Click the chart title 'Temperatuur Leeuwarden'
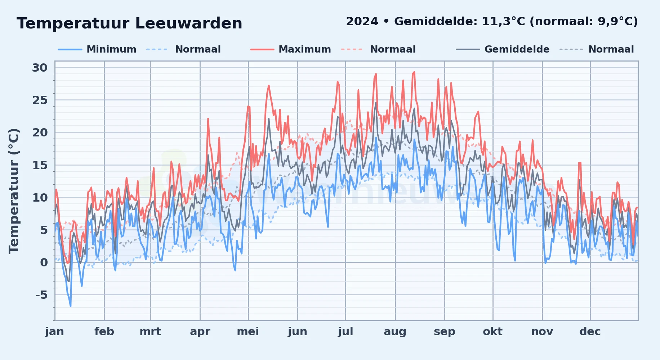click(129, 23)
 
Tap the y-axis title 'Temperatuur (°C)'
click(14, 191)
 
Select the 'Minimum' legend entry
click(97, 49)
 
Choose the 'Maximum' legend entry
click(290, 49)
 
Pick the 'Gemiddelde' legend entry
click(503, 49)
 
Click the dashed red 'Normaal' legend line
click(352, 49)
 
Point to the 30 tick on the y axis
click(40, 68)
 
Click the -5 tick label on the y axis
click(41, 295)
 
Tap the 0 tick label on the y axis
click(44, 262)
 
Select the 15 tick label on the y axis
click(40, 165)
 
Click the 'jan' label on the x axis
click(54, 332)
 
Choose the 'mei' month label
click(248, 332)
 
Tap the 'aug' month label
click(395, 332)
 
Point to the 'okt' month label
click(493, 332)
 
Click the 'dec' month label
click(590, 332)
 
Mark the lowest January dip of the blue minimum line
click(71, 306)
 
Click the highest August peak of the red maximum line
click(414, 72)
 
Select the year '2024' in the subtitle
click(362, 22)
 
